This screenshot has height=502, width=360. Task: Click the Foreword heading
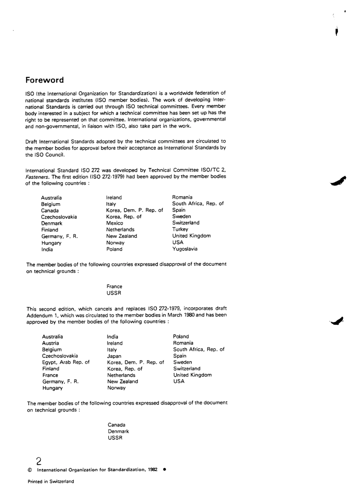tap(45, 80)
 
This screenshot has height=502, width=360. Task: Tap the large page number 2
tap(39, 461)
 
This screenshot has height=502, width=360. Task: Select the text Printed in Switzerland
tap(51, 482)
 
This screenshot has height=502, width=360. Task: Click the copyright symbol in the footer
tap(30, 470)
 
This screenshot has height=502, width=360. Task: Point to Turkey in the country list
tap(180, 229)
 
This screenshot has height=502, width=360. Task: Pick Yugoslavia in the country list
tap(185, 249)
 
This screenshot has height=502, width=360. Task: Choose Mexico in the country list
tap(114, 223)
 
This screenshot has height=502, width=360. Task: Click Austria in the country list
tap(50, 343)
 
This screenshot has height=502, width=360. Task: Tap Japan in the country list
tap(114, 356)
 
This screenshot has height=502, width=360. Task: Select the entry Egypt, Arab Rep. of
tap(66, 362)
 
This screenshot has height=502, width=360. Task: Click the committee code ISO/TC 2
tap(214, 170)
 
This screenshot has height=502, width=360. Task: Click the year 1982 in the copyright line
tap(153, 470)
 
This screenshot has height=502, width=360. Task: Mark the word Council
tap(56, 155)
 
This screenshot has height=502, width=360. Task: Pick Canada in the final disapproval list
tap(116, 425)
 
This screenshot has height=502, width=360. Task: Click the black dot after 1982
tap(164, 469)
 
